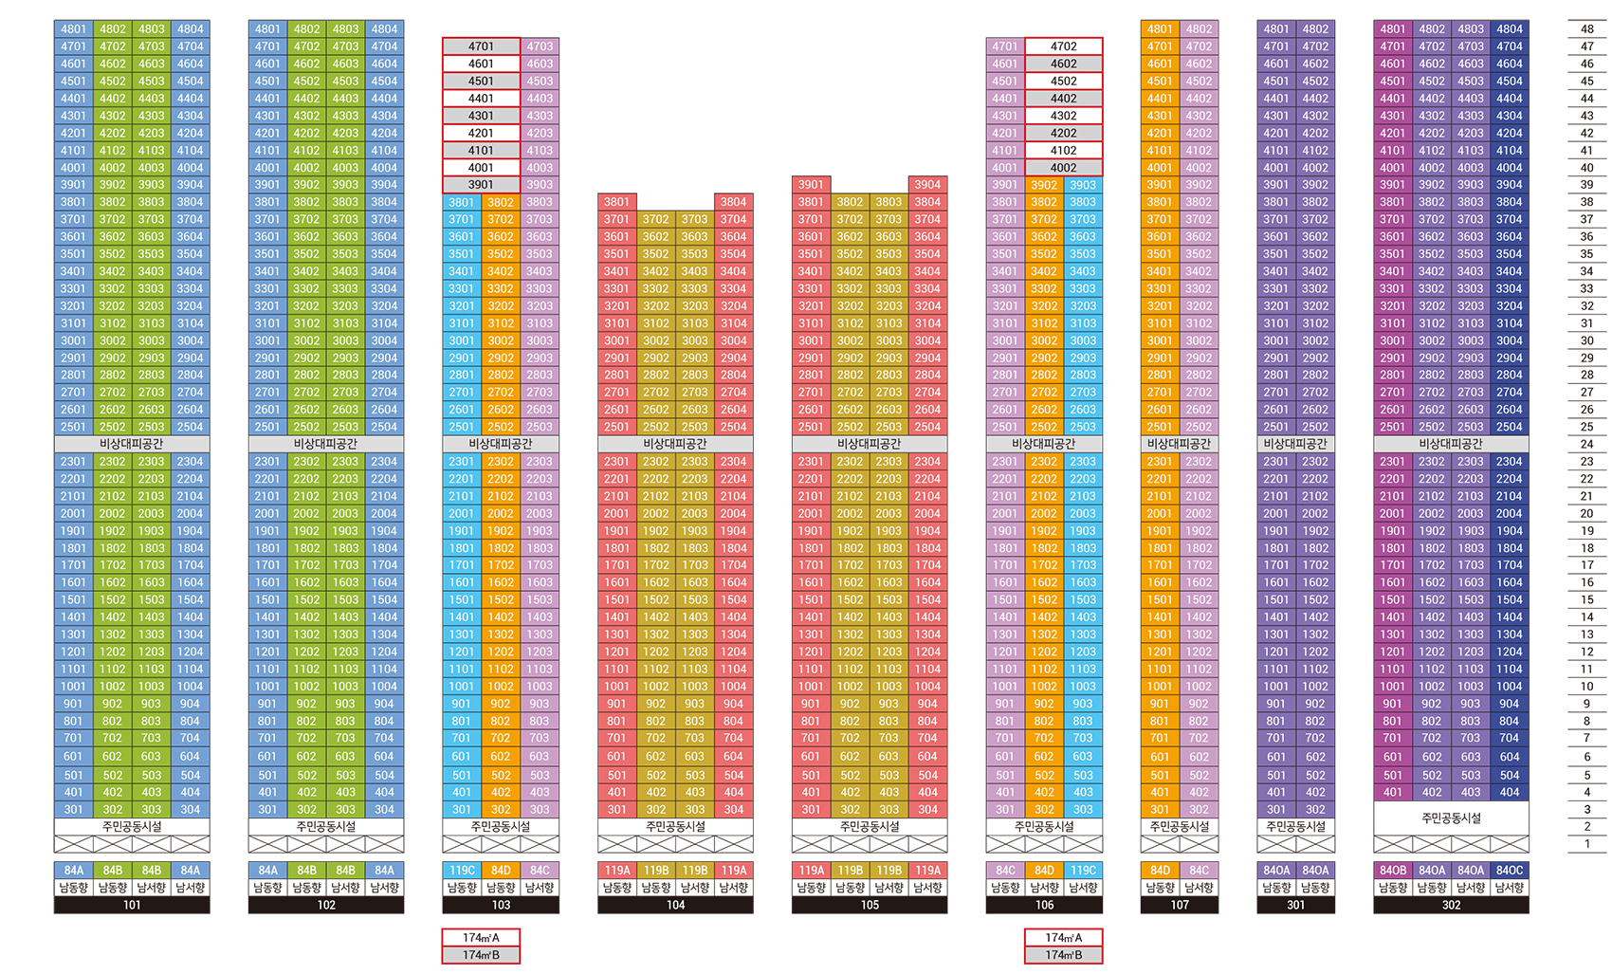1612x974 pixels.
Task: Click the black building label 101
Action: click(x=132, y=905)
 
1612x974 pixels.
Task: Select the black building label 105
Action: click(x=870, y=905)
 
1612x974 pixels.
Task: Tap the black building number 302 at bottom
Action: click(x=1451, y=905)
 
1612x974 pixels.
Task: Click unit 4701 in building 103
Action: click(x=481, y=46)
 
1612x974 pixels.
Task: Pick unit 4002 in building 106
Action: click(x=1063, y=168)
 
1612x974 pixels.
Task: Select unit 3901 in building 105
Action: click(x=811, y=185)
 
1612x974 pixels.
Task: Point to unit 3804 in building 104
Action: click(x=733, y=202)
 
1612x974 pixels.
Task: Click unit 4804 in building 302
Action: click(x=1510, y=29)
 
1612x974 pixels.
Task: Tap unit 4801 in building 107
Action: click(x=1160, y=29)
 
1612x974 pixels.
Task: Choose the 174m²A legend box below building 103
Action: click(x=481, y=938)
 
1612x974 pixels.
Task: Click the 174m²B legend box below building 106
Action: click(x=1063, y=955)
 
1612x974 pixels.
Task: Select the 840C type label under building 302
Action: click(x=1510, y=870)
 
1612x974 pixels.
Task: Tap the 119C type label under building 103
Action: click(x=462, y=870)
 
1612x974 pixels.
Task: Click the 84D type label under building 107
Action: click(x=1160, y=870)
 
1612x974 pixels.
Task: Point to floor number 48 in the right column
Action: click(x=1586, y=29)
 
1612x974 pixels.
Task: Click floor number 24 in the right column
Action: click(x=1586, y=444)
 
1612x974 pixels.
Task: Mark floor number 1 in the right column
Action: click(x=1586, y=843)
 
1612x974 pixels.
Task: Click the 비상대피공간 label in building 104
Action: click(x=675, y=444)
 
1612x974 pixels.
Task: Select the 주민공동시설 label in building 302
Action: click(x=1451, y=818)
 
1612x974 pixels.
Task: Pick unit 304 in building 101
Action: click(x=191, y=810)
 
